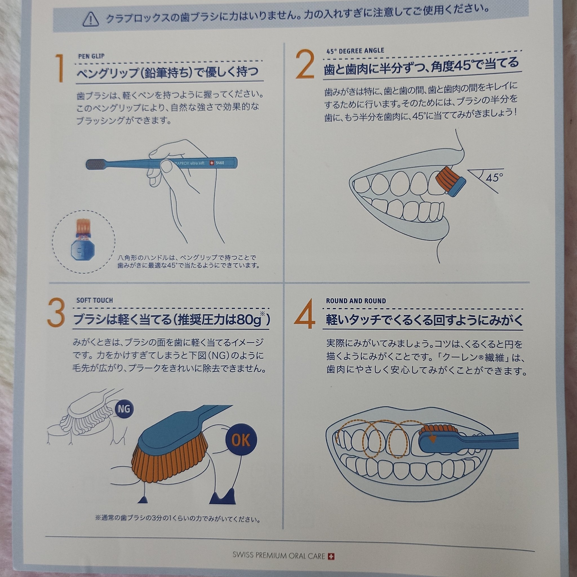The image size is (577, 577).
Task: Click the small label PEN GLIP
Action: (91, 56)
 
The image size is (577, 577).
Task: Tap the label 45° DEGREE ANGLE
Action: (355, 51)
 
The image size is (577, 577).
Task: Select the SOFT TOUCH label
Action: (95, 300)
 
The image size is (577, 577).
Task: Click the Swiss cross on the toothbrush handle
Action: (212, 163)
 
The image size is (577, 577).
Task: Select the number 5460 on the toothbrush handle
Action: (220, 163)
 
